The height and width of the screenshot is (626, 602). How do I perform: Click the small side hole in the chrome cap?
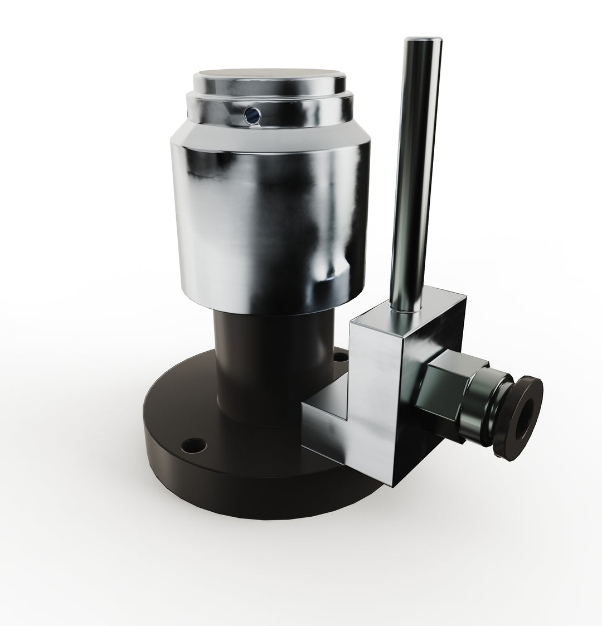(x=251, y=115)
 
